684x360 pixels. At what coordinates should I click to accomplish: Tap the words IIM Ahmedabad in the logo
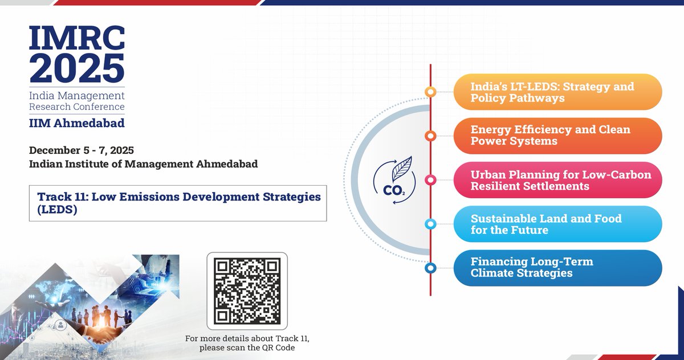[x=76, y=123]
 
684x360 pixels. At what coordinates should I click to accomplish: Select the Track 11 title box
[x=178, y=203]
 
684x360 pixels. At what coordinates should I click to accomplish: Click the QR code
[x=247, y=291]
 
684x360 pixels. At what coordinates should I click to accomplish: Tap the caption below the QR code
[x=247, y=343]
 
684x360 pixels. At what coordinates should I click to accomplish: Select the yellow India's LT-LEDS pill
[x=557, y=92]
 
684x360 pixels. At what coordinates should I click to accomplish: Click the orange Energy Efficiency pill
[x=557, y=136]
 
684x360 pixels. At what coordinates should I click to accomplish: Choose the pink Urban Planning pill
[x=557, y=180]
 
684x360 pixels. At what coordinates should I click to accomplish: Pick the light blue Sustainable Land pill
[x=557, y=224]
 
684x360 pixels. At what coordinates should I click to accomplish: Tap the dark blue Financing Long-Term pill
[x=557, y=268]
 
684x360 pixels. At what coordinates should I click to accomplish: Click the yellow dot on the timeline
[x=431, y=92]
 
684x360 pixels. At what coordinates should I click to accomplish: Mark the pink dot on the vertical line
[x=431, y=180]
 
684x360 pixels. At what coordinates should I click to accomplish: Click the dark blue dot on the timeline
[x=431, y=268]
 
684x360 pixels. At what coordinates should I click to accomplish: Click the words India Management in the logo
[x=76, y=95]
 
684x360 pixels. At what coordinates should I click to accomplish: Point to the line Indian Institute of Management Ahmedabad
[x=144, y=164]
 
